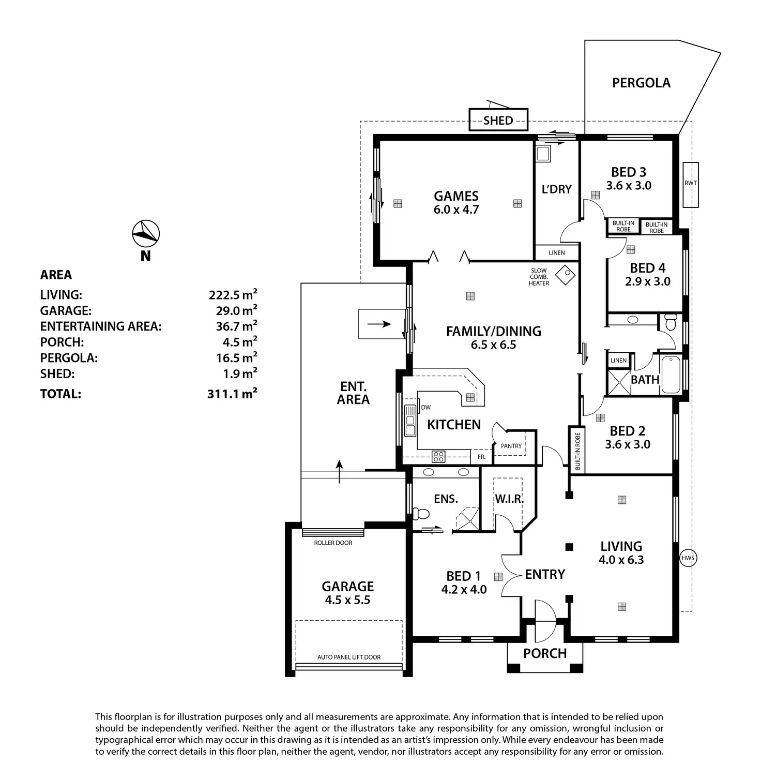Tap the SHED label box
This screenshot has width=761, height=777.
498,120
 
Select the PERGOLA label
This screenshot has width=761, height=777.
641,83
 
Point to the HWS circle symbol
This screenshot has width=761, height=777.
688,558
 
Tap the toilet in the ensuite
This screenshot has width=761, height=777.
421,514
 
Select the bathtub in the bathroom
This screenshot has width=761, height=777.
671,375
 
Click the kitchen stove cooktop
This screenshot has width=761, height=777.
438,456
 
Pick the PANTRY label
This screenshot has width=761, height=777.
511,446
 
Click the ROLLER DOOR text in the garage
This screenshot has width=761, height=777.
333,543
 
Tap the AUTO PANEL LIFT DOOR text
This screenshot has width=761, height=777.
349,657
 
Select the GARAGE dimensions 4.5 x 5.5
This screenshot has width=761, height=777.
347,600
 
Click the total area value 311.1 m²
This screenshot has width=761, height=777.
232,394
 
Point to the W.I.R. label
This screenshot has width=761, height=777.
509,499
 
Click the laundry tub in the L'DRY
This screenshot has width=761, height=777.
543,153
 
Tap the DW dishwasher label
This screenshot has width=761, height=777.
426,408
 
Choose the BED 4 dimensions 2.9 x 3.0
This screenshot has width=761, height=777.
648,281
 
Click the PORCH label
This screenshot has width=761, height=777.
545,653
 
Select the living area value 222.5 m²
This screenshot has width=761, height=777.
233,294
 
